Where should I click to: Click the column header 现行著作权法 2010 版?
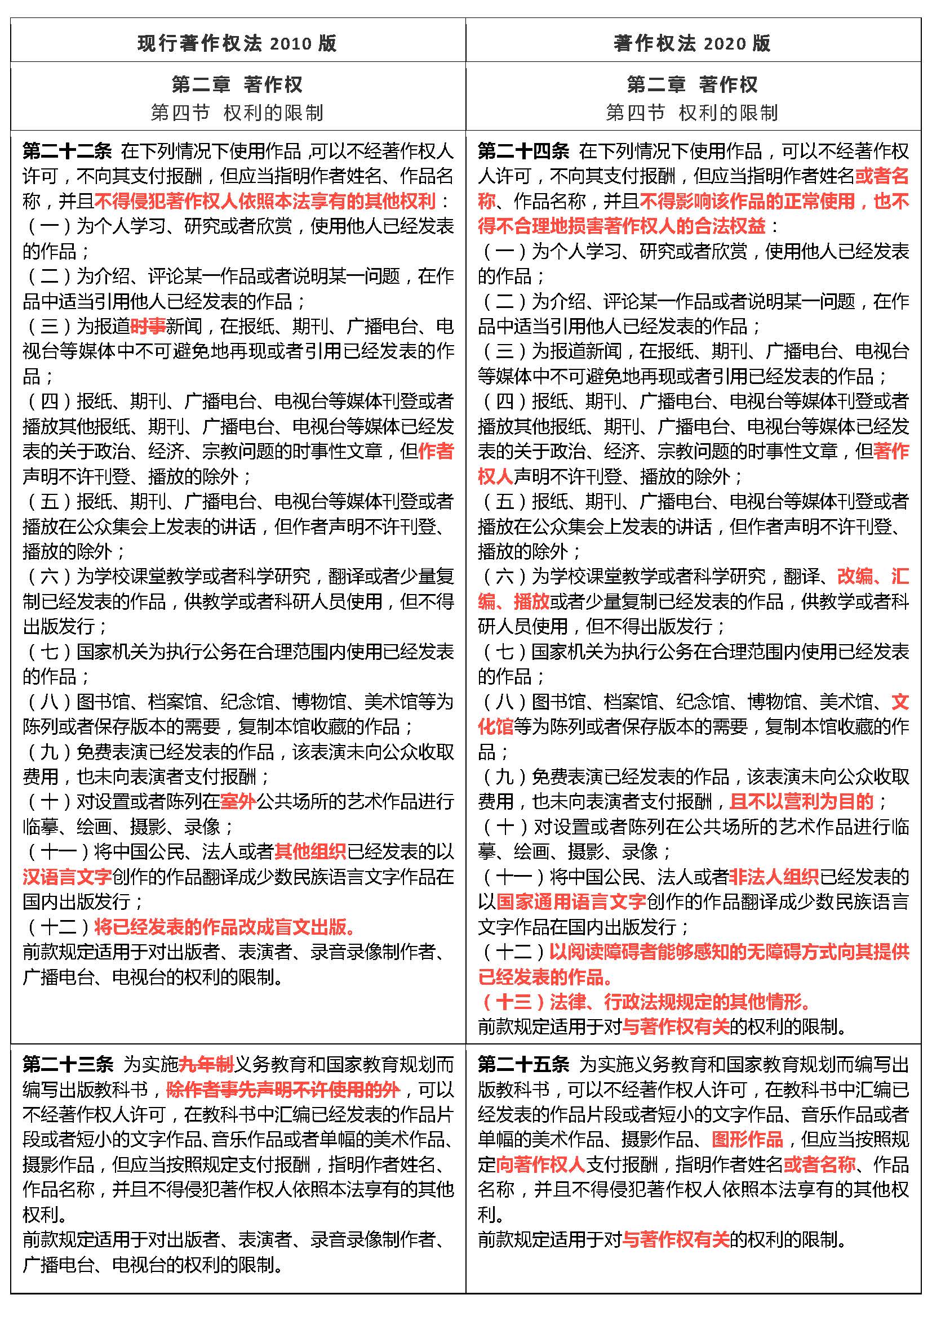tap(237, 43)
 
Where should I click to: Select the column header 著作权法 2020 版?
tap(692, 43)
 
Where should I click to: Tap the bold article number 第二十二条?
tap(67, 151)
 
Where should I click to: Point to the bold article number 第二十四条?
tap(523, 151)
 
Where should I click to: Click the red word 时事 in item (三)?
tap(148, 327)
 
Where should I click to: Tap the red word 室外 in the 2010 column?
tap(238, 801)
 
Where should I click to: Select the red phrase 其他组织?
tap(310, 852)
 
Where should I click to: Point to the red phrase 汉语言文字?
tap(67, 877)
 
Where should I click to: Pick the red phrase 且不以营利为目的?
tap(802, 801)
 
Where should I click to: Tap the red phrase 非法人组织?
tap(774, 877)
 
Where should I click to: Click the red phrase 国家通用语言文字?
tap(571, 901)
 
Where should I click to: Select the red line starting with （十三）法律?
tap(646, 1002)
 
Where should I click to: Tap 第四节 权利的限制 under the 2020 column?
tap(692, 113)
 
